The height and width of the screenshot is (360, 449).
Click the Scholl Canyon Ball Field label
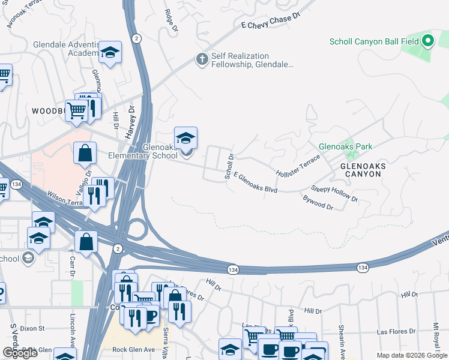click(x=375, y=42)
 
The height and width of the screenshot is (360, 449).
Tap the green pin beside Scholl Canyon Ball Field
click(x=427, y=41)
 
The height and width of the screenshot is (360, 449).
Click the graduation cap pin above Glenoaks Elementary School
click(x=185, y=139)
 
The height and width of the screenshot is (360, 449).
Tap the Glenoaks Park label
click(x=345, y=146)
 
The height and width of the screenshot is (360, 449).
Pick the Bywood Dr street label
click(x=318, y=202)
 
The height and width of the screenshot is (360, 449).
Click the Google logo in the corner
click(x=20, y=353)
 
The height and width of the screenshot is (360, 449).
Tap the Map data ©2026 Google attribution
click(x=412, y=355)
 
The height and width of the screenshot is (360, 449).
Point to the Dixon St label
click(x=33, y=328)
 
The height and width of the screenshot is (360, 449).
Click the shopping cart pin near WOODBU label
click(x=77, y=111)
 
